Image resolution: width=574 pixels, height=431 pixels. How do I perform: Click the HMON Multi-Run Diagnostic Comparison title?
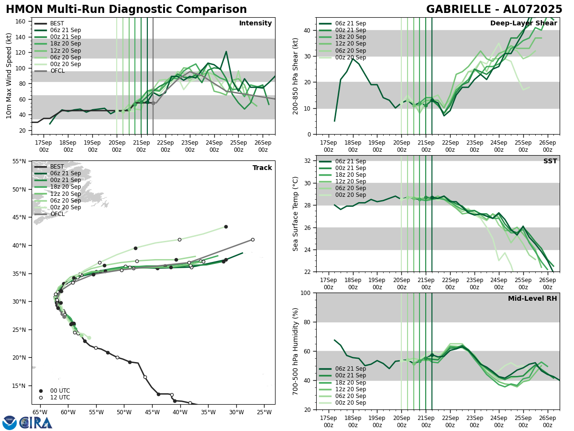pos(126,10)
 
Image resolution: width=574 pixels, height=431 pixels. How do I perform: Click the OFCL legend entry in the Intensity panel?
pos(57,71)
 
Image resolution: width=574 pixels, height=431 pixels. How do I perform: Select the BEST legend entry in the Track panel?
pos(57,167)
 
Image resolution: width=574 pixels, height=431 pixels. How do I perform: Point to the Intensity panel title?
pos(255,23)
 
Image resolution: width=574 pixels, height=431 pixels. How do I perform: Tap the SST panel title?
pos(550,161)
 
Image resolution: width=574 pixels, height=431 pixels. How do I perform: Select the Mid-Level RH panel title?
pos(532,299)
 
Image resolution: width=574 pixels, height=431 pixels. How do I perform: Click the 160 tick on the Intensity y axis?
pos(21,22)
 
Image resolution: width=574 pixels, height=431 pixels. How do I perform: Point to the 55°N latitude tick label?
pos(19,161)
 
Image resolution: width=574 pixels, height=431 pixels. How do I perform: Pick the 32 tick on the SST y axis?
pos(308,161)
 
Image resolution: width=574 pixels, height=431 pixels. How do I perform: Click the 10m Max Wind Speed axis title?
pos(9,76)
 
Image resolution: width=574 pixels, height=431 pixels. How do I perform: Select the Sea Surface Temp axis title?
pos(296,214)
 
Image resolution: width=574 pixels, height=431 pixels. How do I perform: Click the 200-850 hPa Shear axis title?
pos(296,76)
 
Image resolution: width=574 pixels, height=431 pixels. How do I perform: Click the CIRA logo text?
pos(36,422)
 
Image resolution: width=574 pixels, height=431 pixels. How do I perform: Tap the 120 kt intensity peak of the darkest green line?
pos(226,51)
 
